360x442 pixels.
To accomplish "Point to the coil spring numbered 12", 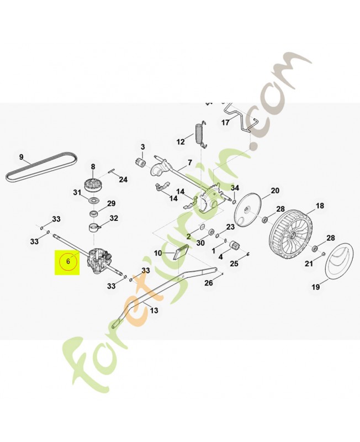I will pyautogui.click(x=199, y=134).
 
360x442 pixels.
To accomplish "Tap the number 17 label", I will pyautogui.click(x=225, y=122).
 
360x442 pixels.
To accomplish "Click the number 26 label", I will pyautogui.click(x=208, y=283).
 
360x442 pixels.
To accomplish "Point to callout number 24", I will pyautogui.click(x=123, y=180).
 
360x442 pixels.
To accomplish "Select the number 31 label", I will pyautogui.click(x=77, y=192).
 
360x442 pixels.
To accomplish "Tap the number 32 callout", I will pyautogui.click(x=114, y=218).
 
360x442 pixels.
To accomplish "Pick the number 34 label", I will pyautogui.click(x=235, y=188).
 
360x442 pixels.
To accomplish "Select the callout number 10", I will pyautogui.click(x=157, y=253).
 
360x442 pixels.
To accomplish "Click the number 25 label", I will pyautogui.click(x=234, y=264).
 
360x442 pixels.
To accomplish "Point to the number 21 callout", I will pyautogui.click(x=309, y=264).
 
